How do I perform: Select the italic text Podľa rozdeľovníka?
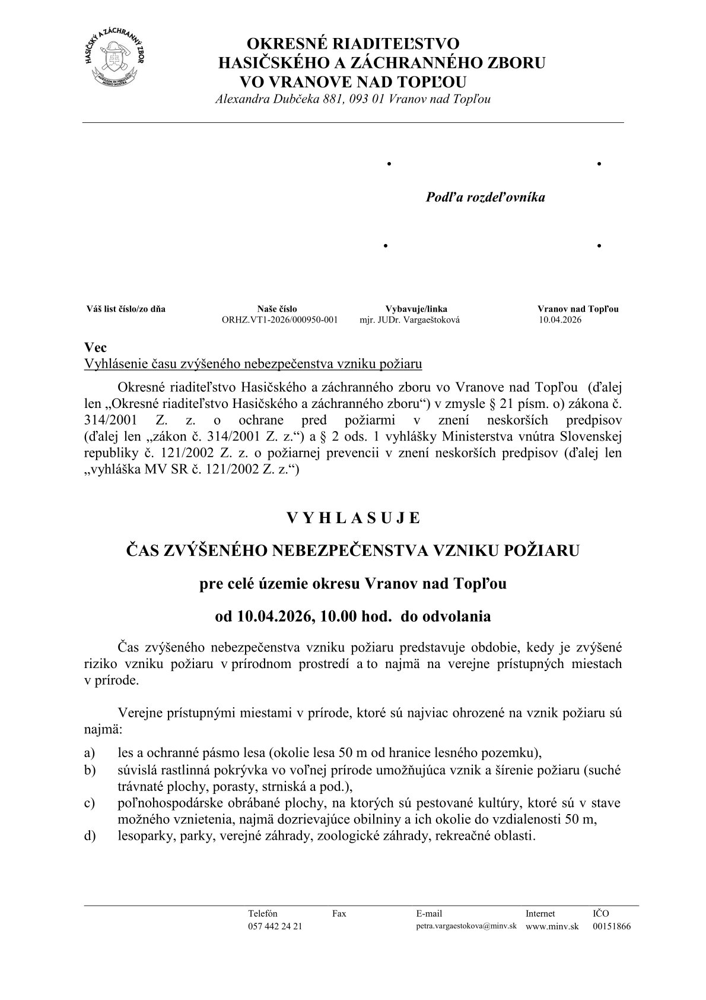(485, 197)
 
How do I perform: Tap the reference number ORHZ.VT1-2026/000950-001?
(279, 319)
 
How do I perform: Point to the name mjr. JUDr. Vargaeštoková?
(409, 319)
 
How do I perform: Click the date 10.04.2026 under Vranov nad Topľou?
(560, 319)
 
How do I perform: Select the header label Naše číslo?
(277, 309)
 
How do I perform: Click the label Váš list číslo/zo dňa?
(126, 309)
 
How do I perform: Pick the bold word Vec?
(96, 348)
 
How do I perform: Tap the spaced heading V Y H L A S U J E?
(353, 518)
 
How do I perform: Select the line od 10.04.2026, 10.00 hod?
(352, 616)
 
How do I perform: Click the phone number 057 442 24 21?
(275, 926)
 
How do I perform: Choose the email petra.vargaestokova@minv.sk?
(466, 926)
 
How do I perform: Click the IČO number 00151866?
(611, 926)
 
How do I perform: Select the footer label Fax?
(339, 913)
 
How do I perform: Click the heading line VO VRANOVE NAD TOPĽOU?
(352, 81)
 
